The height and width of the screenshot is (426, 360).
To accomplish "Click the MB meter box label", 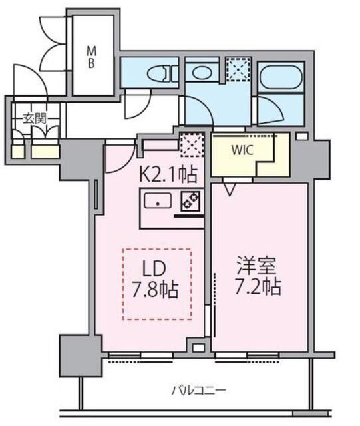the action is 91,57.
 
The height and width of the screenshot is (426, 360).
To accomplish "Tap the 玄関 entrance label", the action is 35,118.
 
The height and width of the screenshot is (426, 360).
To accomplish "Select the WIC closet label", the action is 242,150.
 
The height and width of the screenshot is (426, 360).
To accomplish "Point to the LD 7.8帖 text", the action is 155,280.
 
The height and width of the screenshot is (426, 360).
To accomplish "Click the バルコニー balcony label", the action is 198,391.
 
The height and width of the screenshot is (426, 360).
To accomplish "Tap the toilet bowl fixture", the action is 160,74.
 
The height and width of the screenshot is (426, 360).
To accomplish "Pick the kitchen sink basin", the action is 158,200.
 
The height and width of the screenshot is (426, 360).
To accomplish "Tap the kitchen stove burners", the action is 191,201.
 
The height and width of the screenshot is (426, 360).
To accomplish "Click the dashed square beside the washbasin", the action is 238,69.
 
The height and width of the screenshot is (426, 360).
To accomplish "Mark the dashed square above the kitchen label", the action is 192,145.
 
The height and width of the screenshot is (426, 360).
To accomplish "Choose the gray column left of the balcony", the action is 81,356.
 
